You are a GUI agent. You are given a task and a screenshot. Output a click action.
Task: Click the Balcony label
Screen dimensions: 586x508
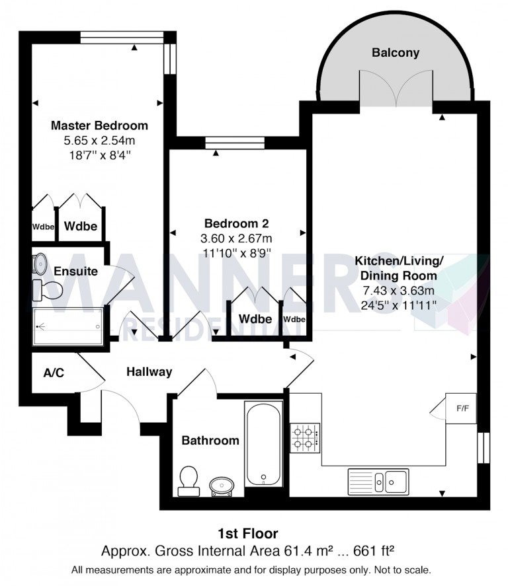395,53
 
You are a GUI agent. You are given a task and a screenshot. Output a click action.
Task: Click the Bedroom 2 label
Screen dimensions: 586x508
236,223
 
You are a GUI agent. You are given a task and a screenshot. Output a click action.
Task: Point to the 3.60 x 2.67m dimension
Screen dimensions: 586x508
236,238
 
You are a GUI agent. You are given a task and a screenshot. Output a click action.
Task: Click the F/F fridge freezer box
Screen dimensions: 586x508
462,408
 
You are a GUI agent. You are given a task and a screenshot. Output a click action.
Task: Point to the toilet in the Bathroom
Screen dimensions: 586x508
189,481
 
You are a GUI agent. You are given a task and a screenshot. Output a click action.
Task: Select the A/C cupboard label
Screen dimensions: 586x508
54,373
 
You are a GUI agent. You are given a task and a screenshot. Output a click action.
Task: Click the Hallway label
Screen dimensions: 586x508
149,372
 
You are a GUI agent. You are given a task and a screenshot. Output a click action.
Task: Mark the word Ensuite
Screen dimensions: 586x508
76,271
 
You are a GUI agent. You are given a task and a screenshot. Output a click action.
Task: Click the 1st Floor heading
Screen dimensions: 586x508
248,533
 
